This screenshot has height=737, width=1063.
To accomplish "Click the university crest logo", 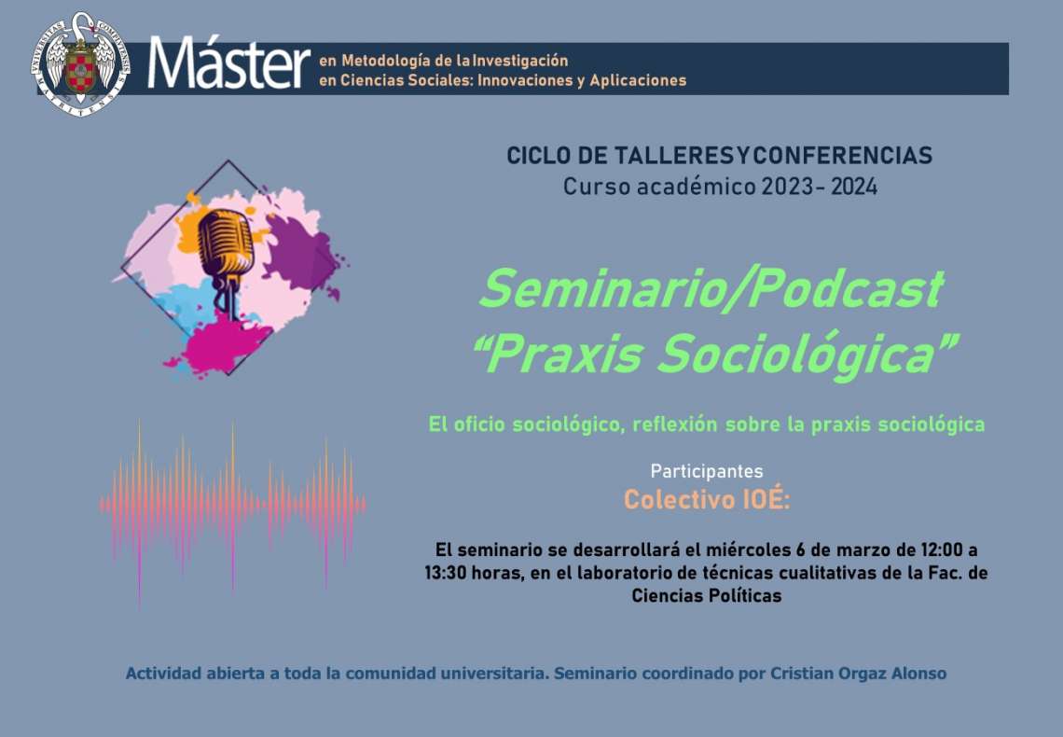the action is pos(81,64).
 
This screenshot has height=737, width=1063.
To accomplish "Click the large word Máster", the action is pos(229,64).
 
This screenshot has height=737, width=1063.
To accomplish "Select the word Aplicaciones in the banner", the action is pos(638,80).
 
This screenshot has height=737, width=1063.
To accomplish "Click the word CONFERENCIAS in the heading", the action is pos(843,155).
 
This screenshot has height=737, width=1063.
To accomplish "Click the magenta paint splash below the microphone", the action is pos(220,344).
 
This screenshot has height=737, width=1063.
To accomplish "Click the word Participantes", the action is pos(707,472).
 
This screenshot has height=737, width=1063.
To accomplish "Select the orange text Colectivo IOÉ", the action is pos(707,500).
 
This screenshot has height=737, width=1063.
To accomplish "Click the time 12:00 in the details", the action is pos(941,549).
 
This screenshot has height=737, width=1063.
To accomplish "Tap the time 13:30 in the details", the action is pos(446,573).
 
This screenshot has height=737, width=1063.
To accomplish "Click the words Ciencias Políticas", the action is pos(707,596).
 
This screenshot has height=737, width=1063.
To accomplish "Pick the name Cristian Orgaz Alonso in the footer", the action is pos(858,674).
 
